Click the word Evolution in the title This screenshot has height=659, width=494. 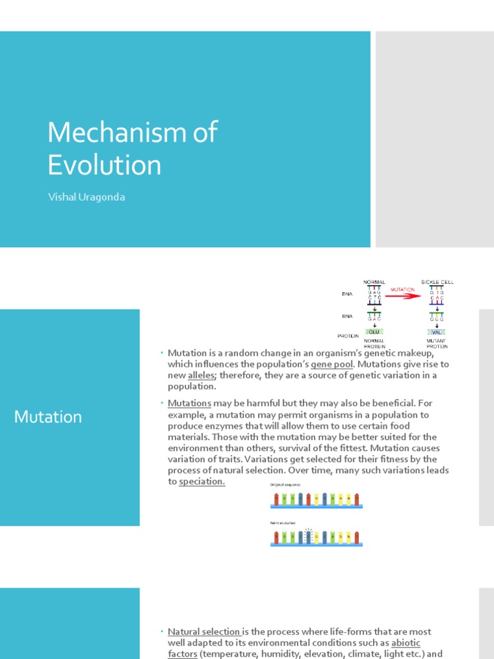[x=104, y=165]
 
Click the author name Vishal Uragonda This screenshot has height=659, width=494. [x=86, y=198]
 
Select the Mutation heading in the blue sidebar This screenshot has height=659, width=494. [x=48, y=417]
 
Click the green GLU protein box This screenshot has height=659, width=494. [x=374, y=332]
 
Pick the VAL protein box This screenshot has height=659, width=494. [x=437, y=332]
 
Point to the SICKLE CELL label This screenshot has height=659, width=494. [x=437, y=282]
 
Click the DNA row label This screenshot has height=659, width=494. [x=347, y=294]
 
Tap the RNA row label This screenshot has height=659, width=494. [x=347, y=315]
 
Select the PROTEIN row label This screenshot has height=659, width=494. [x=348, y=336]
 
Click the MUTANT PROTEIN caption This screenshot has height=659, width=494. [x=437, y=343]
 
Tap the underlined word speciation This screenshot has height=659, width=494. [x=202, y=481]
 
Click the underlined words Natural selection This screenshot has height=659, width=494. [x=203, y=632]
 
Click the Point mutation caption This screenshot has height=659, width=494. [x=283, y=523]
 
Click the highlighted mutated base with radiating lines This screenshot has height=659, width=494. [x=308, y=538]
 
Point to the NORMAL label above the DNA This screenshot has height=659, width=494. [x=374, y=282]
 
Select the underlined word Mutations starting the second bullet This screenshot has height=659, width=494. [x=190, y=404]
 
